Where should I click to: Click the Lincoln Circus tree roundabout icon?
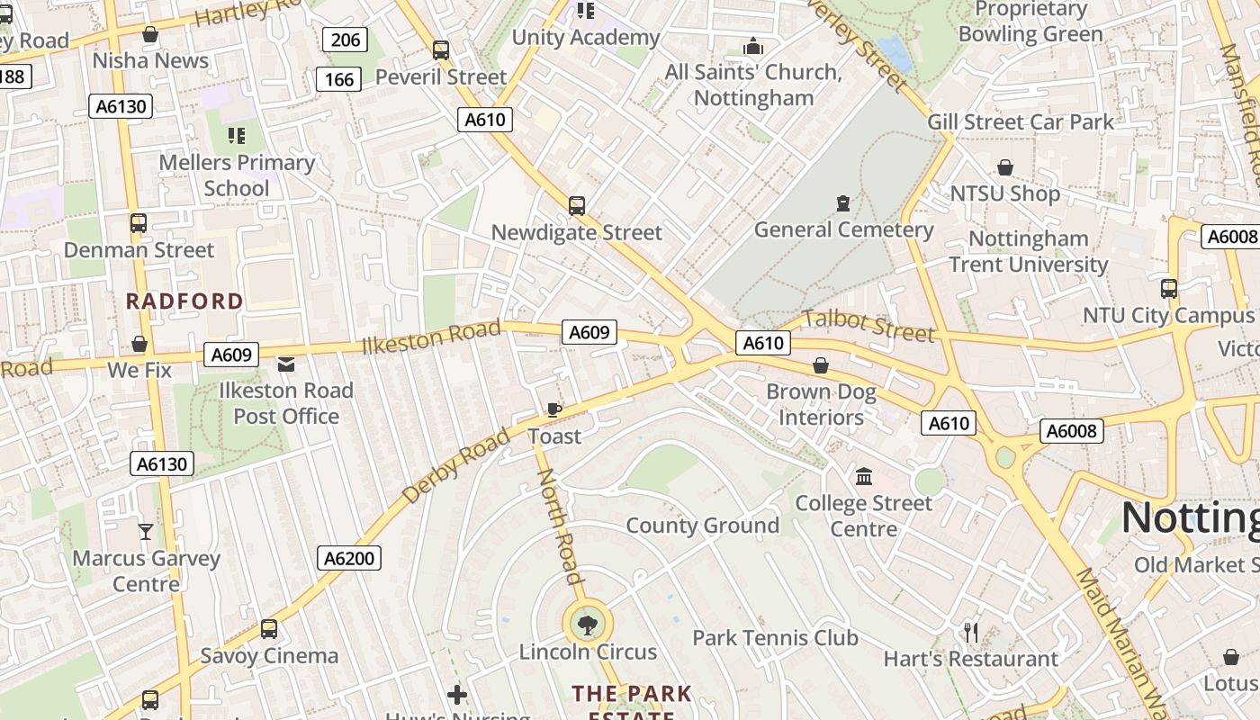[588, 623]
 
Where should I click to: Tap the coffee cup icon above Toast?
[554, 409]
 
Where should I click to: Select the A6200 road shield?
[349, 558]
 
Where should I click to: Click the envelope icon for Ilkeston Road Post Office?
[286, 364]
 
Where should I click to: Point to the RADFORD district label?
[184, 301]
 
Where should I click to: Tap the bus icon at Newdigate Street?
[577, 206]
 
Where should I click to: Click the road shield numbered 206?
[345, 40]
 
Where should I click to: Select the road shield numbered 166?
[338, 79]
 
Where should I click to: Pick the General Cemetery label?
[843, 229]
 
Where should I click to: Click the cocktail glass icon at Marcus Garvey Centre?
[145, 532]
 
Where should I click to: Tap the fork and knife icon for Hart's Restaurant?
[970, 633]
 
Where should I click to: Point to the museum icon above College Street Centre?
[864, 476]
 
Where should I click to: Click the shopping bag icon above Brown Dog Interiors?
[821, 365]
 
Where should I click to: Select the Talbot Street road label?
[868, 325]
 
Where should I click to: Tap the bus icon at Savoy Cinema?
[268, 629]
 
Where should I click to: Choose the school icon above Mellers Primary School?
[236, 136]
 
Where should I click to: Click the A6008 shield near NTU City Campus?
[1229, 237]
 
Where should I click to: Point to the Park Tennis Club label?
[775, 638]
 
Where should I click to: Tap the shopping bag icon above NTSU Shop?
[1004, 167]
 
